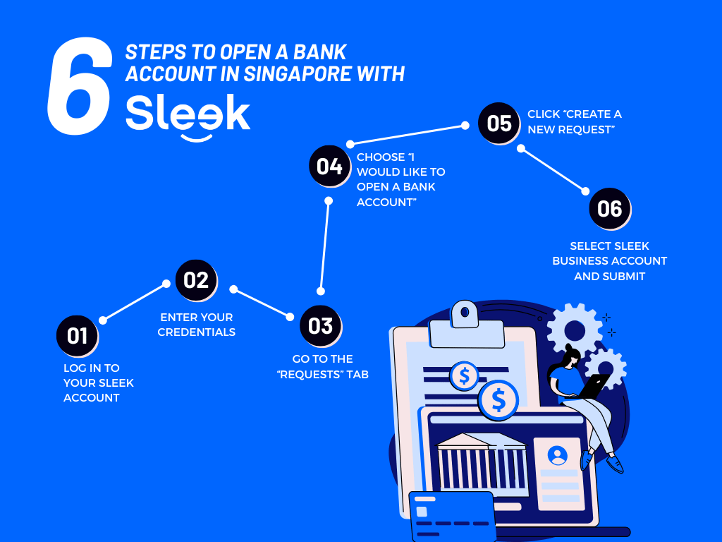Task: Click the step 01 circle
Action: (77, 335)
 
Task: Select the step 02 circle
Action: (196, 280)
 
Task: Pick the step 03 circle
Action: (321, 325)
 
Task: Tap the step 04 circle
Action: (329, 167)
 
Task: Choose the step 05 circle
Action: (499, 124)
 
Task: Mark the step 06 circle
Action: (610, 208)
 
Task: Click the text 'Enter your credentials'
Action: (196, 325)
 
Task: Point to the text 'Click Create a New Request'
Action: (575, 122)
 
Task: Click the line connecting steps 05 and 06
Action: (553, 169)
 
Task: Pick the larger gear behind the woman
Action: (575, 329)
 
